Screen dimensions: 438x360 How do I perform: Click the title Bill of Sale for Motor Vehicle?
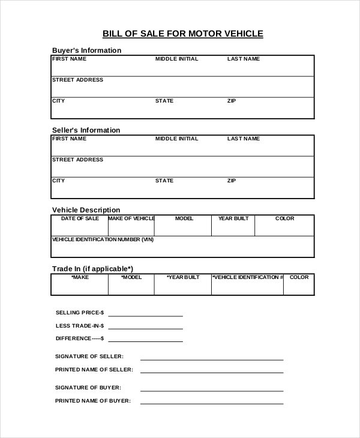tap(183, 34)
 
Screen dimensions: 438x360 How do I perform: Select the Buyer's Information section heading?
tap(86, 50)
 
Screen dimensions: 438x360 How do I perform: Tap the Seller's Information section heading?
tap(86, 130)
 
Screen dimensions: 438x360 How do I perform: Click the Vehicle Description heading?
tap(86, 210)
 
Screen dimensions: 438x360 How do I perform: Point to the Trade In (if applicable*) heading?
tap(92, 268)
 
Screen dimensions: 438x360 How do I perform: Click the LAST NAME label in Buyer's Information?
tap(243, 59)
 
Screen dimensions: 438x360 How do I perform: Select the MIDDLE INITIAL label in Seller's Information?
tap(176, 139)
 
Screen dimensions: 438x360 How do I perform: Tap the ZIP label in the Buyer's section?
tap(232, 101)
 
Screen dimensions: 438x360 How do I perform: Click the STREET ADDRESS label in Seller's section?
tap(77, 160)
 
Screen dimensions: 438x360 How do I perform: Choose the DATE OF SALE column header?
tap(80, 218)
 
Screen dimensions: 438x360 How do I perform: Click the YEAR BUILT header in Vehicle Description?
tap(233, 218)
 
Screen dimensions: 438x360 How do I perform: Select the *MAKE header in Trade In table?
tap(80, 277)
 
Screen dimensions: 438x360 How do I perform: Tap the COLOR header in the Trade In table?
tap(299, 277)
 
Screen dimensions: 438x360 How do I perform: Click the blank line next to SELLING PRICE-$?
tap(145, 315)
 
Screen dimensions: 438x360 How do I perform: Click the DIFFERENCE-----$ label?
tap(80, 338)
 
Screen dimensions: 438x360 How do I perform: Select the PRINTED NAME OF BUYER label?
tap(93, 401)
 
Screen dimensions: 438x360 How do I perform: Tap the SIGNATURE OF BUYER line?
tap(211, 390)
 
